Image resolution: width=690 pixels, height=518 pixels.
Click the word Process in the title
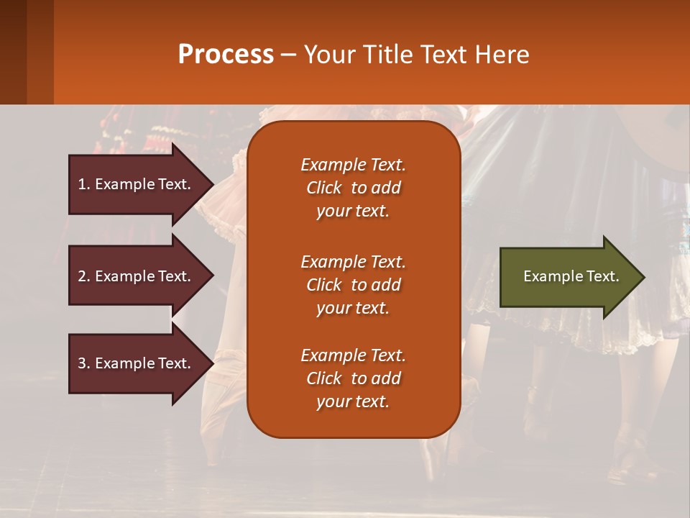[226, 55]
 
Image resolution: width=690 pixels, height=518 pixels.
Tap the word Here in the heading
[502, 55]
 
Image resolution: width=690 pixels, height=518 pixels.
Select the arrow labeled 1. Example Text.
[134, 184]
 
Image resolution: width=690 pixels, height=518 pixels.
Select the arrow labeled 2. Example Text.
[134, 276]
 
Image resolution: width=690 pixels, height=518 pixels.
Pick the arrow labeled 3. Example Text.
[134, 363]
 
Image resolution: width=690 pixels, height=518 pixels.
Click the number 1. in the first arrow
[84, 184]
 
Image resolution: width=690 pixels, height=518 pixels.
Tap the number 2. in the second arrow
[84, 276]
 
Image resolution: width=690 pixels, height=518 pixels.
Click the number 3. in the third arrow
[84, 363]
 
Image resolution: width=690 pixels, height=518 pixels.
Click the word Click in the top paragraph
[324, 188]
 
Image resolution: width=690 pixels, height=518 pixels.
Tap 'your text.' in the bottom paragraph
[353, 401]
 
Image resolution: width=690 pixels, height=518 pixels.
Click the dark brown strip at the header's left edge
[13, 52]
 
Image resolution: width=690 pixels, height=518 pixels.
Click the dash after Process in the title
[288, 55]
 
